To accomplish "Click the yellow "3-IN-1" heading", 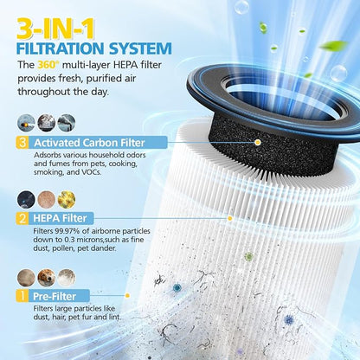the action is pos(55,29).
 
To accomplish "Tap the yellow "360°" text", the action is pos(48,65).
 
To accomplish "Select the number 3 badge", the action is pos(22,143).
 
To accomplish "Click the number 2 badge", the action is pos(22,218).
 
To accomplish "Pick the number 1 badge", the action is pos(22,296).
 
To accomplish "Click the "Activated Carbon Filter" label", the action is pos(89,143).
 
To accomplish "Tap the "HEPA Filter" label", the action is pos(60,218).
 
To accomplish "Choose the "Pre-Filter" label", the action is pos(55,296).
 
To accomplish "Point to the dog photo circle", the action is pos(47,278).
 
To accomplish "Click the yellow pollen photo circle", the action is pos(67,199).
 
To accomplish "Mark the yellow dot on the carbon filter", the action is pos(258,142).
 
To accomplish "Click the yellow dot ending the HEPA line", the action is pos(230,218).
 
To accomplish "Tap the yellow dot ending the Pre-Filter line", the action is pos(127,296).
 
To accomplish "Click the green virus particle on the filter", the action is pos(248,255).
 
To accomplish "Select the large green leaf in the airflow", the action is pos(334,46).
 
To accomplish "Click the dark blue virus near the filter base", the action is pos(289,319).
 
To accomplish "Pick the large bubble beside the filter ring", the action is pos(338,74).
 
